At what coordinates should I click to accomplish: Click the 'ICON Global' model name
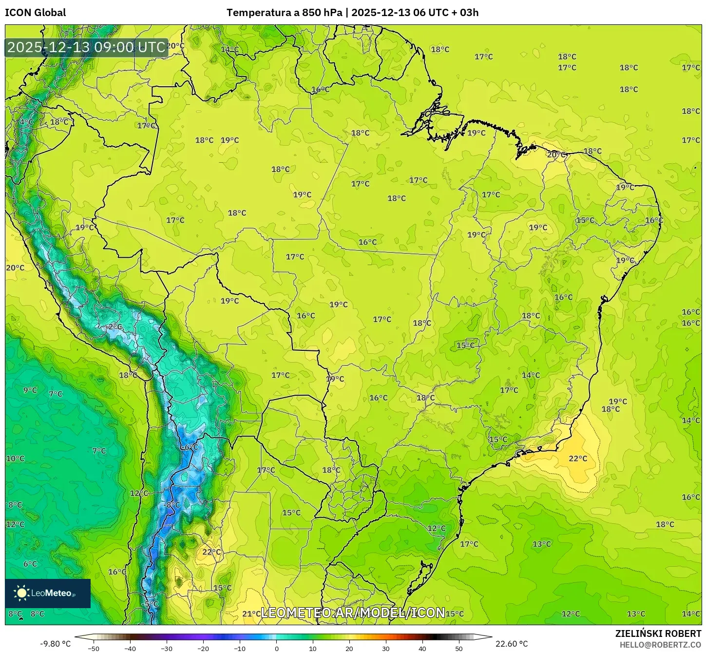tap(35, 13)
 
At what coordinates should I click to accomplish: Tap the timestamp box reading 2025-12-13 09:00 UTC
tap(86, 47)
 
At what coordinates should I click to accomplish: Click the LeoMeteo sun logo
tap(21, 593)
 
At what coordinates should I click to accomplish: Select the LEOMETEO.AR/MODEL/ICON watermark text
tap(353, 613)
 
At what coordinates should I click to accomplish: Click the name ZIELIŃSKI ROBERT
tap(658, 633)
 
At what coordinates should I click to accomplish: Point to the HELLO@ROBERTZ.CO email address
tap(660, 645)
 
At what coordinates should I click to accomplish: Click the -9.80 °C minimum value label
tap(55, 644)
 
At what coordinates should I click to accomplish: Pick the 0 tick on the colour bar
tap(277, 649)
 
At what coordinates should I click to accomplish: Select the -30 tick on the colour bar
tap(167, 649)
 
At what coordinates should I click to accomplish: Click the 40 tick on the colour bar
tap(422, 649)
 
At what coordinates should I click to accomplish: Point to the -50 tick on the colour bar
tap(93, 649)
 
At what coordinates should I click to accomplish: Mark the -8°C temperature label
tap(172, 505)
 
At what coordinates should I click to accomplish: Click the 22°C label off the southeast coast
tap(578, 459)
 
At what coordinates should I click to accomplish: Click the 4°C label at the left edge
tap(26, 122)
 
